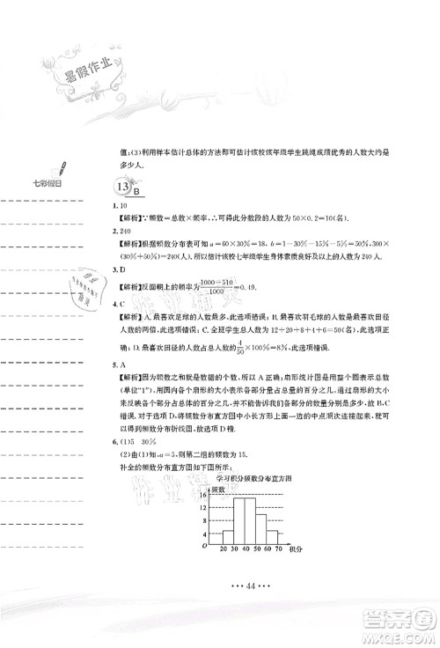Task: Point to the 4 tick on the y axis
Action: coord(205,534)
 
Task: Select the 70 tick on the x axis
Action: coord(278,552)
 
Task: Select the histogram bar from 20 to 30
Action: coord(228,538)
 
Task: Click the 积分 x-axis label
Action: coord(293,552)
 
